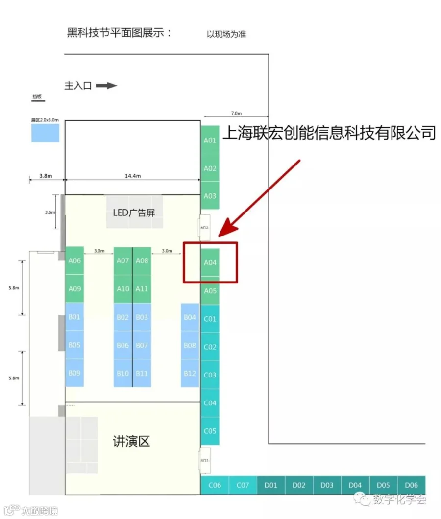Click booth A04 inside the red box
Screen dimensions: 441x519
tap(210, 263)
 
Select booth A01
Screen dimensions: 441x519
tap(210, 140)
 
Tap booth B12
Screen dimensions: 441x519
tap(190, 373)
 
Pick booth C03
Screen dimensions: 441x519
tap(210, 375)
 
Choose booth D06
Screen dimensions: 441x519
tap(412, 485)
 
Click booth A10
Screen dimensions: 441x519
tap(123, 289)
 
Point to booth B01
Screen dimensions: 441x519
tap(74, 317)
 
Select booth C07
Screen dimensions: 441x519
tap(243, 485)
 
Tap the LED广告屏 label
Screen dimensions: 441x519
tap(134, 212)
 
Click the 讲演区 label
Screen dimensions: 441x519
tap(131, 442)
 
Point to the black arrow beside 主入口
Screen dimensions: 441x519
tap(106, 86)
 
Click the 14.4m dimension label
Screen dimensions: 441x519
tap(133, 176)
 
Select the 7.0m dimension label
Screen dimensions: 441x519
tap(236, 113)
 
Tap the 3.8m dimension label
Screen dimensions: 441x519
tap(45, 176)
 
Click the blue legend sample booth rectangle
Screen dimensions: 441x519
tap(45, 133)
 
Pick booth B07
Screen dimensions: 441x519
tap(142, 345)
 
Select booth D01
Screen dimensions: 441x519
tap(271, 485)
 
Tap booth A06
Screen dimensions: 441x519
tap(74, 261)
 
